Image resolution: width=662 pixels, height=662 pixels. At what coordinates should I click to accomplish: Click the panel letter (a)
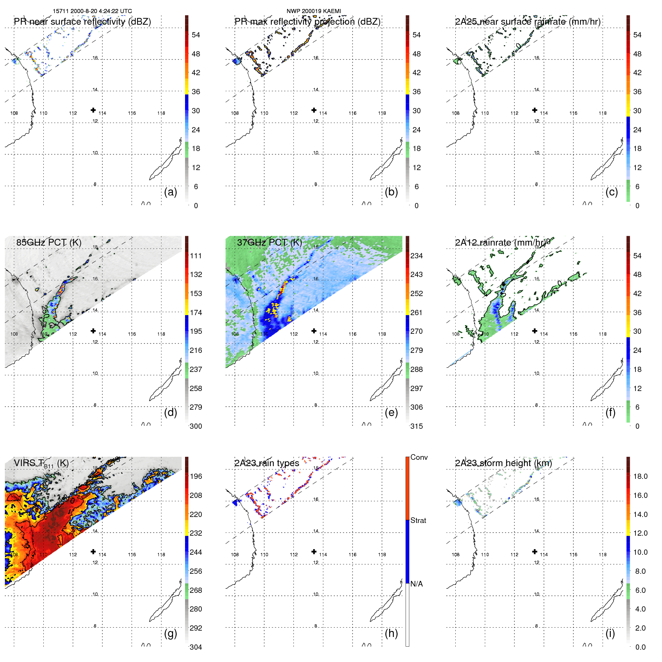[x=170, y=192]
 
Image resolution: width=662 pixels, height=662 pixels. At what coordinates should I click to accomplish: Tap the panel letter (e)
[x=391, y=412]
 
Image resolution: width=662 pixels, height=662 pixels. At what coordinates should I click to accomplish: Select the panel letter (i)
[x=610, y=633]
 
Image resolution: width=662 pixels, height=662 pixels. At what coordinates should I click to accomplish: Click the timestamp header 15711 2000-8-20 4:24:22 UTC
[x=92, y=11]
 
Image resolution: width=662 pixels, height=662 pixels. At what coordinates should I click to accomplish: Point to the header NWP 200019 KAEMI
[x=314, y=11]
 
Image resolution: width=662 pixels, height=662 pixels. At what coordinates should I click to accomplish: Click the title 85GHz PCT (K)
[x=49, y=242]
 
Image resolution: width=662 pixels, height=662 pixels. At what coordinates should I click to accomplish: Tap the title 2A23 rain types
[x=267, y=463]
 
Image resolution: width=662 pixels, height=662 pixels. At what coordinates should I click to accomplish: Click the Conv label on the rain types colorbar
[x=419, y=457]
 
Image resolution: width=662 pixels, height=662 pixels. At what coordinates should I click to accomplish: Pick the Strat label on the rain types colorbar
[x=418, y=520]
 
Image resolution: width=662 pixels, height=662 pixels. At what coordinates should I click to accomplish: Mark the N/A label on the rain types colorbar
[x=417, y=584]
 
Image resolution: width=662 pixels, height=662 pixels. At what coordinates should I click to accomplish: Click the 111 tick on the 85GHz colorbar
[x=196, y=256]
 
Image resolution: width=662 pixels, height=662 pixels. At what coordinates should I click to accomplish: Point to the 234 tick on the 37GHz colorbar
[x=416, y=256]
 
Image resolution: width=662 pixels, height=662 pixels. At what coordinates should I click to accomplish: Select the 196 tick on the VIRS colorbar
[x=196, y=476]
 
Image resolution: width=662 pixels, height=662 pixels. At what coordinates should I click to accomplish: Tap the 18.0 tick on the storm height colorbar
[x=640, y=476]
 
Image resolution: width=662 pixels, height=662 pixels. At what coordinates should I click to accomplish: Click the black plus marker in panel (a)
[x=93, y=110]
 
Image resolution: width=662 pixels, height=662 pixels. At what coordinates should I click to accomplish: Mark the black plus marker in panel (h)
[x=314, y=551]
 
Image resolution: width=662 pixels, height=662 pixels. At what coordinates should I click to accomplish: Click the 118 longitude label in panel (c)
[x=603, y=113]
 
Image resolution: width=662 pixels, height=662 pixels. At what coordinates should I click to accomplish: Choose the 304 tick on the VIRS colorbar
[x=196, y=647]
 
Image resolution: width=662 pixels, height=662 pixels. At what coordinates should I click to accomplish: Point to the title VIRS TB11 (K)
[x=41, y=464]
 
